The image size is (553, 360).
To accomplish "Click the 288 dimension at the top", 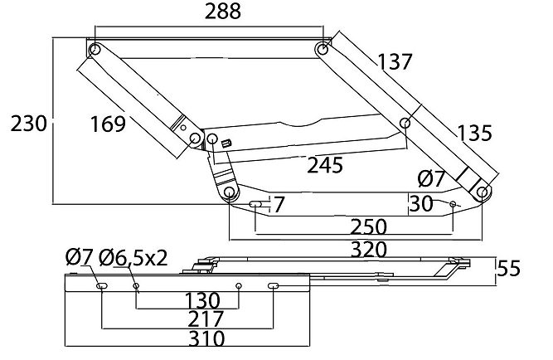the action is (223, 12).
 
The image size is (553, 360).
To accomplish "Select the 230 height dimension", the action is (28, 124).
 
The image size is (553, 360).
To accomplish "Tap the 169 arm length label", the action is (108, 124).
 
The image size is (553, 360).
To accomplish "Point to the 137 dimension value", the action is (395, 61).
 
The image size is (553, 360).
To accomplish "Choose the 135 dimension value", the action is (474, 133).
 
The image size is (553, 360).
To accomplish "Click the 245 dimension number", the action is (325, 165).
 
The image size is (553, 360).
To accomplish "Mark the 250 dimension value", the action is (369, 226).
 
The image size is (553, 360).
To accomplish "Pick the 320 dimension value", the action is (369, 250).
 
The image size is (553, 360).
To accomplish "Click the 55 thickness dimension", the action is (508, 268).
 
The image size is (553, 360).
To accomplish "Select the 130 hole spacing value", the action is (202, 301).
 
